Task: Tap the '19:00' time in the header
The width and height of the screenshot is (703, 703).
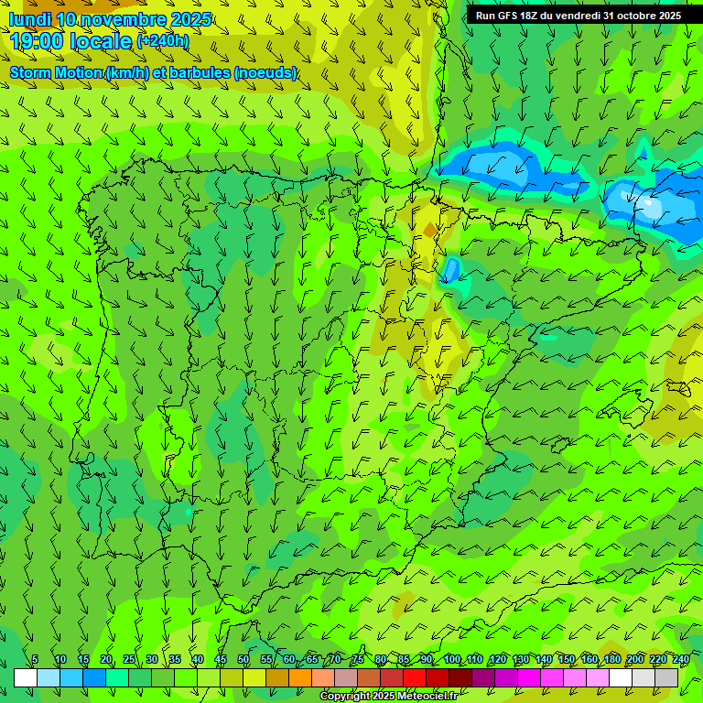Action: coord(37,41)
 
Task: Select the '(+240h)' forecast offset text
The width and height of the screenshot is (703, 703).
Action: coord(163,40)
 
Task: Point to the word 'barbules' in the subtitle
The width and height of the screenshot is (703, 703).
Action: coord(199,72)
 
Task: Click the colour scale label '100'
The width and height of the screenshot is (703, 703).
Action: coord(452,659)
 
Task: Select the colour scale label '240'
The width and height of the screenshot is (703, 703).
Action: coord(680,659)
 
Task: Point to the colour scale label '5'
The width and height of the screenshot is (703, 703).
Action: coord(35,659)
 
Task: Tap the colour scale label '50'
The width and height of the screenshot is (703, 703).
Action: coord(243,659)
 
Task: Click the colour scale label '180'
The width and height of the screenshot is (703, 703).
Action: coord(611,659)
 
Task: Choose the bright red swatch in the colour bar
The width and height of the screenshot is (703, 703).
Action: coord(415,677)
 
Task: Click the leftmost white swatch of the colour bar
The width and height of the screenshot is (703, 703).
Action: coord(26,677)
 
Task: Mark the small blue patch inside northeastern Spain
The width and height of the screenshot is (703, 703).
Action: coord(450,270)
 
